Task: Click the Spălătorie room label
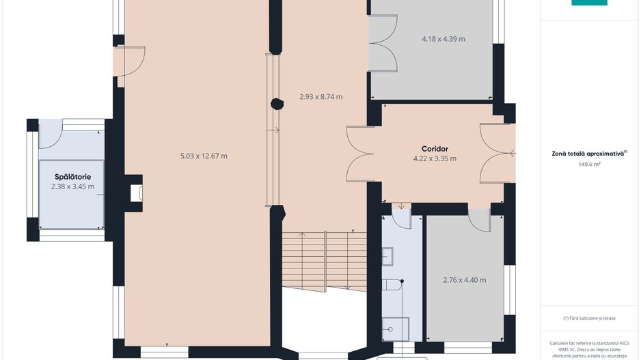click(x=72, y=177)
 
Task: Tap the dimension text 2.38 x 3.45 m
click(x=72, y=186)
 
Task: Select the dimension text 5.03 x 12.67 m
click(x=204, y=156)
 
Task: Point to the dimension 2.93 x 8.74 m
click(x=321, y=97)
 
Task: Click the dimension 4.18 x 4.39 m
click(x=444, y=39)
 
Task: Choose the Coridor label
click(x=435, y=149)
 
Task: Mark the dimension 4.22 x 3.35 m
click(x=435, y=158)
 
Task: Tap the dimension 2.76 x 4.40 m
click(x=465, y=280)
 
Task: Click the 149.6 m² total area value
click(x=589, y=164)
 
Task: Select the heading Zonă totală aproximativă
click(x=588, y=154)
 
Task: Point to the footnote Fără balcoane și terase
click(x=589, y=318)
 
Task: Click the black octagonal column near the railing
click(x=277, y=105)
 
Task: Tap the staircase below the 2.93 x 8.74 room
click(x=324, y=261)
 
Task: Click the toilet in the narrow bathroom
click(x=392, y=284)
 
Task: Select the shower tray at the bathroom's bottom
click(x=395, y=329)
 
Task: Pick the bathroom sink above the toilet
click(x=387, y=257)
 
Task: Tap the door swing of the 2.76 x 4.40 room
click(x=479, y=221)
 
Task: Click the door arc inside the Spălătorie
click(x=51, y=134)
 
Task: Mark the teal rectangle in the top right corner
click(x=589, y=3)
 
